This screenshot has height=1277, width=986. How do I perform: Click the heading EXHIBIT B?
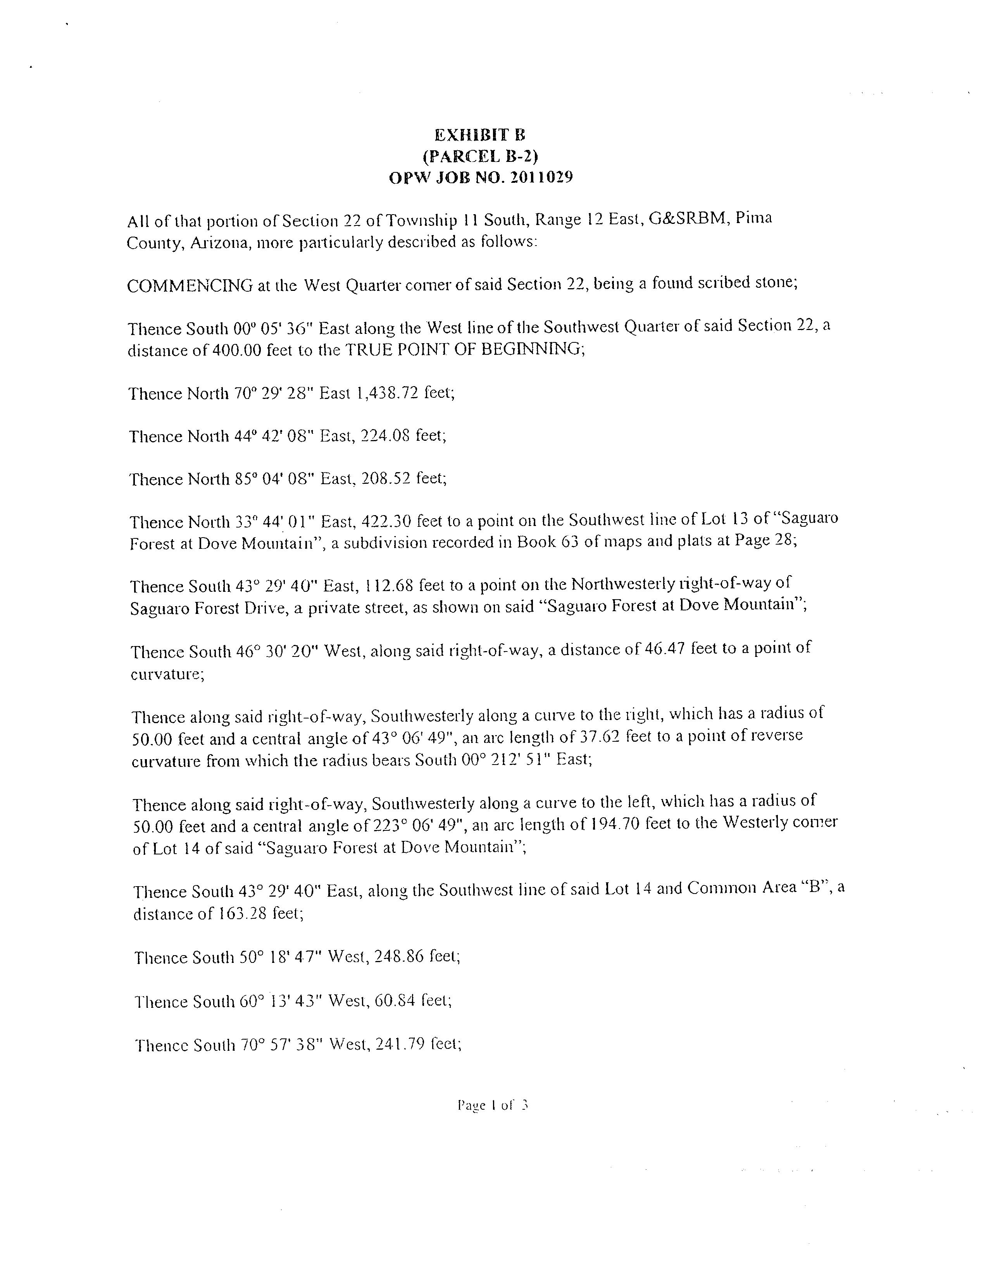click(x=479, y=135)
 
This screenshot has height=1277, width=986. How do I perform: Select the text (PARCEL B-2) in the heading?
click(x=480, y=156)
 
